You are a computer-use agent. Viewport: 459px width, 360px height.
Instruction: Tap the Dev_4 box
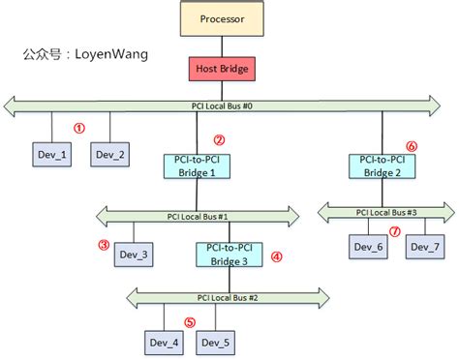coord(164,343)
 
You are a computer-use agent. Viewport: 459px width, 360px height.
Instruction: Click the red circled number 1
coord(80,127)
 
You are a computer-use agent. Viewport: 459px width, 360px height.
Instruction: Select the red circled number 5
coord(190,322)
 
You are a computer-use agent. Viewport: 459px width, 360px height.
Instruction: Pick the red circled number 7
coord(394,231)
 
